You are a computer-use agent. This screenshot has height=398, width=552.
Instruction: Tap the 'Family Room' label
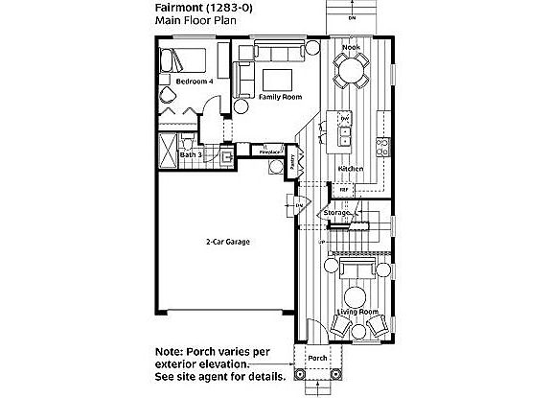point(280,97)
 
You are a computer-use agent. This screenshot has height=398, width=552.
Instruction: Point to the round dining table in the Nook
point(352,69)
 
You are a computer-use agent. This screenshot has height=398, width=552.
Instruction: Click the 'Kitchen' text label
point(350,170)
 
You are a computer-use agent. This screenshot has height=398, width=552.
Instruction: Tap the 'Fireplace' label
point(271,152)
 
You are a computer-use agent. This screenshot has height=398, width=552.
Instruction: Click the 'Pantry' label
point(291,164)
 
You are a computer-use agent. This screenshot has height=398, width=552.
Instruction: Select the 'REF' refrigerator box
point(344,190)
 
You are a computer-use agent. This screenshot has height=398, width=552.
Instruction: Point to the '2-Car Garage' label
point(228,243)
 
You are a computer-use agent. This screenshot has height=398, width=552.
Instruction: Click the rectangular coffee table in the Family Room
point(278,79)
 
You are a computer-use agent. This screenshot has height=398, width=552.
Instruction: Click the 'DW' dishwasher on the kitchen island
point(344,118)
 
